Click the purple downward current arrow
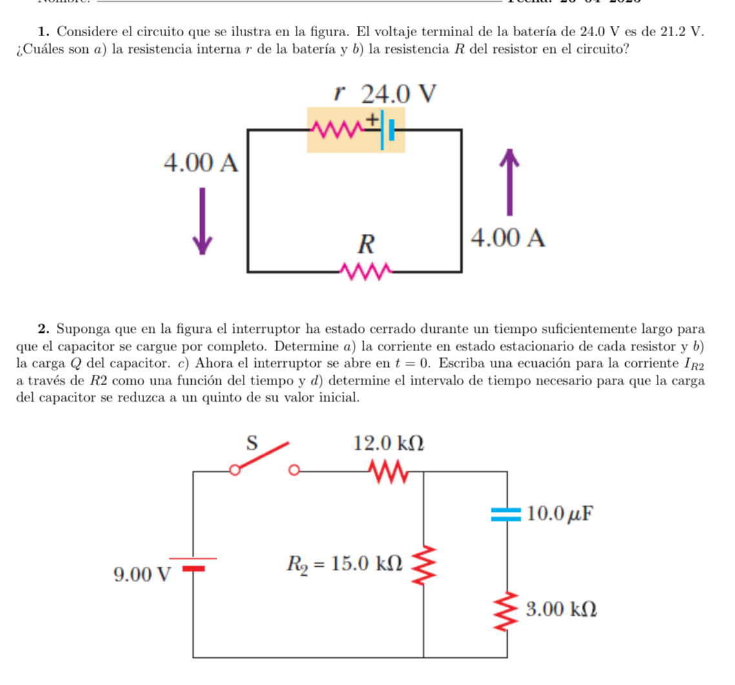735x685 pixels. point(202,220)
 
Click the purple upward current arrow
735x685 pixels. point(510,183)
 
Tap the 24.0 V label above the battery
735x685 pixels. point(399,95)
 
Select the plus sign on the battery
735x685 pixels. point(372,120)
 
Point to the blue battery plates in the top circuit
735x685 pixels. point(387,130)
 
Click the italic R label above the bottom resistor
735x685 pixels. point(366,245)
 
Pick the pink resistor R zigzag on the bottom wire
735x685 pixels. point(367,272)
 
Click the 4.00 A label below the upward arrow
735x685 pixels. point(508,238)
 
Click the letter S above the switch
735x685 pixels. point(252,443)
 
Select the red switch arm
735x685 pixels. point(262,456)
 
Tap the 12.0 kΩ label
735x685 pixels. point(389,443)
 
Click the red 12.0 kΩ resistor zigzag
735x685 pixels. point(388,471)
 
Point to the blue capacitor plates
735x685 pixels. point(506,514)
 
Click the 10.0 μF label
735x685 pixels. point(559,514)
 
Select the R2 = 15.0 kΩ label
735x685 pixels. point(345,564)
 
